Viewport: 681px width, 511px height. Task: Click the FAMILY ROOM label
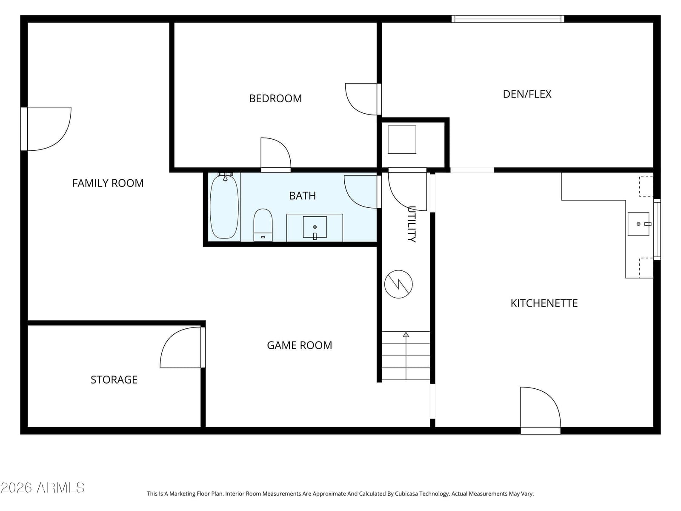pos(108,183)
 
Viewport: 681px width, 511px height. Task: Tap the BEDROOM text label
pos(275,99)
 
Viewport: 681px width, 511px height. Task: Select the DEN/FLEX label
pos(527,94)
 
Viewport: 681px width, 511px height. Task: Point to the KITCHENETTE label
pos(544,303)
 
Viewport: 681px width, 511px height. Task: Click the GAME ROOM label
pos(299,345)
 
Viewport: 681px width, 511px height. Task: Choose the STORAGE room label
pos(114,380)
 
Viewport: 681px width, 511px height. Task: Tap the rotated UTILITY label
pos(412,224)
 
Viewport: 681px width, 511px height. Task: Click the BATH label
pos(302,196)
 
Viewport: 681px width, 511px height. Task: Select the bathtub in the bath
pos(224,206)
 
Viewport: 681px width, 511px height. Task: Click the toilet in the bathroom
pos(263,225)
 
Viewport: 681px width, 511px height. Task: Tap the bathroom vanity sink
pos(315,227)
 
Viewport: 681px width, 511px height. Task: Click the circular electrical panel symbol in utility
pos(398,284)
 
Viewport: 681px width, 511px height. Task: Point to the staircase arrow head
pos(406,334)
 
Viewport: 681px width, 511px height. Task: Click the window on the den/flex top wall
pos(508,19)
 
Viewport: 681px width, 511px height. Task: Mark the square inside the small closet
pos(402,140)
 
